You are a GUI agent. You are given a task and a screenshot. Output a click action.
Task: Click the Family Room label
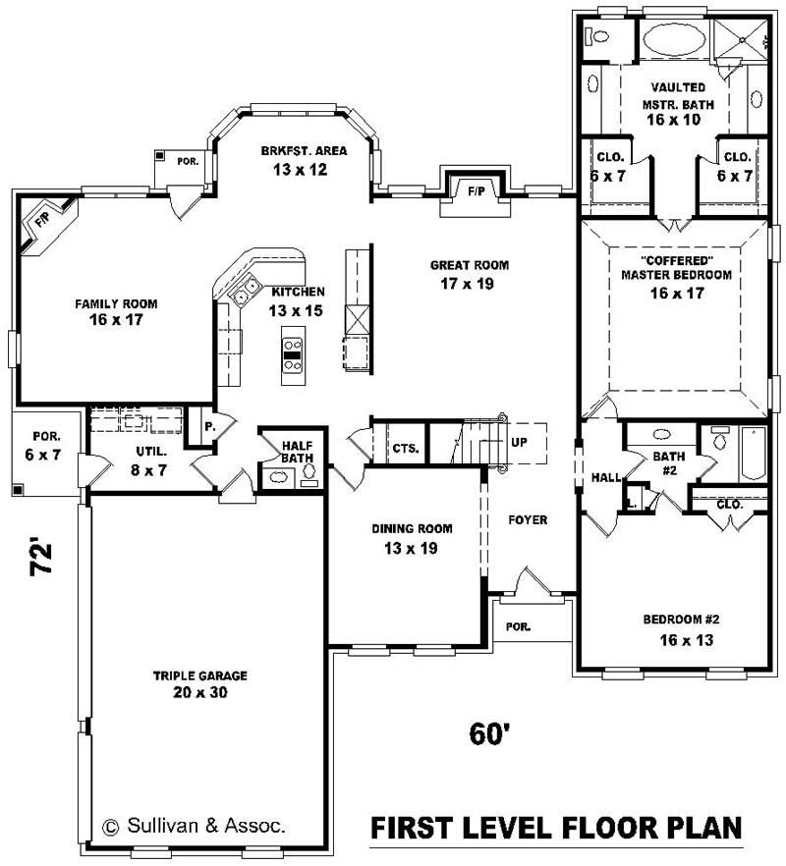(x=116, y=303)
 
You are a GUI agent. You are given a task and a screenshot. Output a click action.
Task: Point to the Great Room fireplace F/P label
(x=477, y=188)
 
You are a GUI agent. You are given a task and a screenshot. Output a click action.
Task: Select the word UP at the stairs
(x=519, y=442)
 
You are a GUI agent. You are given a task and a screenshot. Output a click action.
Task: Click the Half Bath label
(x=296, y=451)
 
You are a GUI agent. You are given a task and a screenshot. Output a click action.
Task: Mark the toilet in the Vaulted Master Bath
(x=596, y=37)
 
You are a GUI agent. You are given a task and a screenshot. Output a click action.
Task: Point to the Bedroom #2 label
(x=682, y=620)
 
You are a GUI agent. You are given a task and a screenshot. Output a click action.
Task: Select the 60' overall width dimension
(x=486, y=732)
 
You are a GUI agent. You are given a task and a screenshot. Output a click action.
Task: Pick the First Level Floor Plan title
(x=555, y=829)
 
